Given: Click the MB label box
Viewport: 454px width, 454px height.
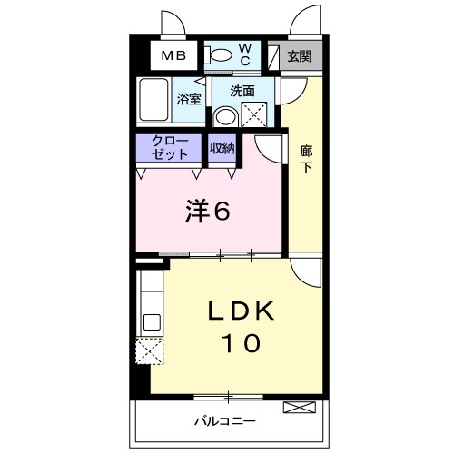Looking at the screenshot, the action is (x=173, y=55).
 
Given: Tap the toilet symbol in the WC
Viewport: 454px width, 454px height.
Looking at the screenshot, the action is (x=218, y=55).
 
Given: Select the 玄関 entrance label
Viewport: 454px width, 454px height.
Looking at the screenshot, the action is (x=300, y=56).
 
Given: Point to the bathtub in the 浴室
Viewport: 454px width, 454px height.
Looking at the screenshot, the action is (x=153, y=100).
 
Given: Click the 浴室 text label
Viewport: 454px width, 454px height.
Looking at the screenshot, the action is (x=189, y=99).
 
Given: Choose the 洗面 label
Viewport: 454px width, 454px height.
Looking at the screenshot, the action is (x=242, y=91).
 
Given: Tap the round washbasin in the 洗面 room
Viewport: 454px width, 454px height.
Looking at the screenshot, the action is (x=226, y=117).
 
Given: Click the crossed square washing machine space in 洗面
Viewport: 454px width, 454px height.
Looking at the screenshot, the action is (x=254, y=114).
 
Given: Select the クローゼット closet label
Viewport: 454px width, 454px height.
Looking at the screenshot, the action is (x=170, y=148).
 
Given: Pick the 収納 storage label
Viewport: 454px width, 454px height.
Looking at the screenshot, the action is (x=222, y=148).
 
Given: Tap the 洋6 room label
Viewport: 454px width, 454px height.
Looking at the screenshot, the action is (x=207, y=211).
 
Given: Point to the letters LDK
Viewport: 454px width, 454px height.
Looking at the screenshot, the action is (x=241, y=311).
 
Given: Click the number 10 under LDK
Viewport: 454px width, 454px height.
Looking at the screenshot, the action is (x=242, y=343).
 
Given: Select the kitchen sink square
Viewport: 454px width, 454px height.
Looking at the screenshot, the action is (x=152, y=322).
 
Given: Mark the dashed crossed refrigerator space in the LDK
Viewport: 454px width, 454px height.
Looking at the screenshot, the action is (x=150, y=351).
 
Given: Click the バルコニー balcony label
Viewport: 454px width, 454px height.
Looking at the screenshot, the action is (x=224, y=421).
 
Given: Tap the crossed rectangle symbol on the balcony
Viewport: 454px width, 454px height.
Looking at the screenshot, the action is (x=300, y=407).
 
